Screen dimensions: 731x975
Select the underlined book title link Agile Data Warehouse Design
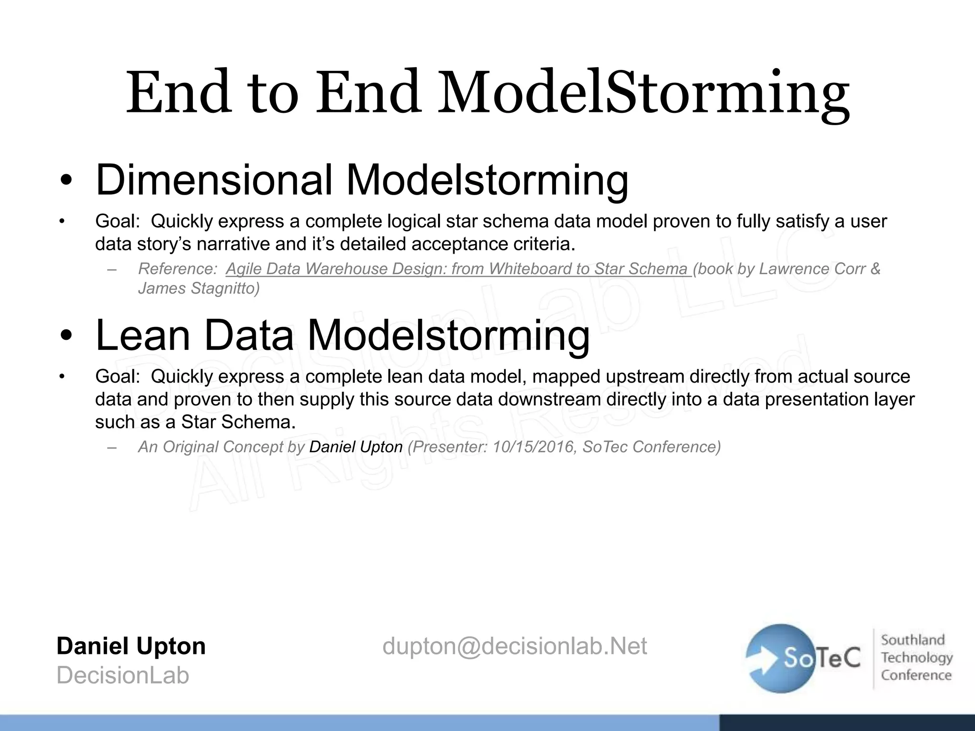[457, 269]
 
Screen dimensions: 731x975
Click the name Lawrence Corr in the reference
[812, 269]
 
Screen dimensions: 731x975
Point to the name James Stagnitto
[198, 288]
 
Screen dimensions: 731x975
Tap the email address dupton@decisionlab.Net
[514, 646]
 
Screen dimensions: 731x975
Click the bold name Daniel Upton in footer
[131, 646]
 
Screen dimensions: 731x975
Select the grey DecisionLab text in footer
[123, 675]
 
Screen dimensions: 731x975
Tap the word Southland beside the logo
[912, 640]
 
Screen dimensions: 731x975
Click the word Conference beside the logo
[916, 675]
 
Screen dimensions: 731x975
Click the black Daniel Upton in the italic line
[356, 447]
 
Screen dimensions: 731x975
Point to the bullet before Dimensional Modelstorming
[66, 182]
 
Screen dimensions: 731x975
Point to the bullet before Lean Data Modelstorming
[66, 337]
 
